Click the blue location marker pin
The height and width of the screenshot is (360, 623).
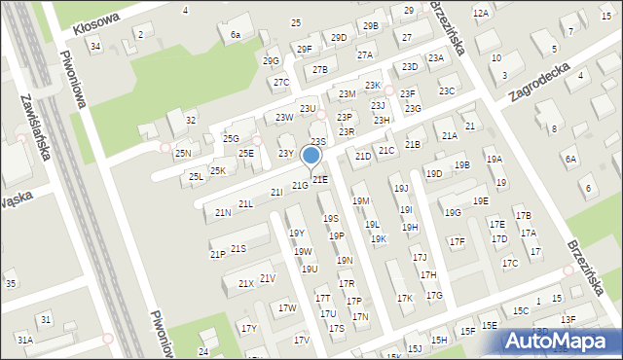click(311, 157)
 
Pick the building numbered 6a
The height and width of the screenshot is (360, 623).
click(235, 34)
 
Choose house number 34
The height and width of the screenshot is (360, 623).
click(94, 46)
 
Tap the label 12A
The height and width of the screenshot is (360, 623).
click(480, 13)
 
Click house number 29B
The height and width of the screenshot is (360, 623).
click(371, 25)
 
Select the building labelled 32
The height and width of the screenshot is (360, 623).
click(191, 121)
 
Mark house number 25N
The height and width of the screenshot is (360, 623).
click(182, 154)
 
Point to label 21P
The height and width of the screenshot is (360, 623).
click(217, 254)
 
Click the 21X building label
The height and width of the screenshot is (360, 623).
click(245, 283)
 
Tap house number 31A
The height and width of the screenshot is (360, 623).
click(23, 340)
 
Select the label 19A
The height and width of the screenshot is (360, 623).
click(494, 160)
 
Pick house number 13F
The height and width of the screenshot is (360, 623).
click(568, 319)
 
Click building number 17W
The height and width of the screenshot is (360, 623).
click(287, 308)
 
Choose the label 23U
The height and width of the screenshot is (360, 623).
click(308, 108)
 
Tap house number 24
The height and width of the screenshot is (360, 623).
click(203, 351)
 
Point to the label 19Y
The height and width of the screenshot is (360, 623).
click(297, 233)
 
